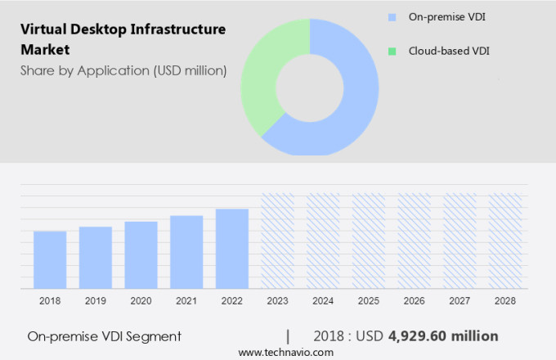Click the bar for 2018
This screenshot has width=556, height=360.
pyautogui.click(x=50, y=259)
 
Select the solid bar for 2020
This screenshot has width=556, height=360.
pyautogui.click(x=141, y=254)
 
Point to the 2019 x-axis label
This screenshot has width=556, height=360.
pyautogui.click(x=95, y=301)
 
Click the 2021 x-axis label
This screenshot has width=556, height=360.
pyautogui.click(x=186, y=301)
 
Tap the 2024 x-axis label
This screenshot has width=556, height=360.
pyautogui.click(x=323, y=301)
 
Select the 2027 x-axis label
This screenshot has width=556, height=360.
pyautogui.click(x=460, y=301)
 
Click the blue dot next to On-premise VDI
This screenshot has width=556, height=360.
pyautogui.click(x=392, y=16)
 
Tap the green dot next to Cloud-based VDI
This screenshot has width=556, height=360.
pyautogui.click(x=392, y=51)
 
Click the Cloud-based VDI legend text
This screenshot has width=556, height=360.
pyautogui.click(x=443, y=51)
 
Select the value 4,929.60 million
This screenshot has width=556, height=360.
pyautogui.click(x=443, y=336)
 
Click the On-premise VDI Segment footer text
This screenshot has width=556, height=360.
pyautogui.click(x=104, y=336)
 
